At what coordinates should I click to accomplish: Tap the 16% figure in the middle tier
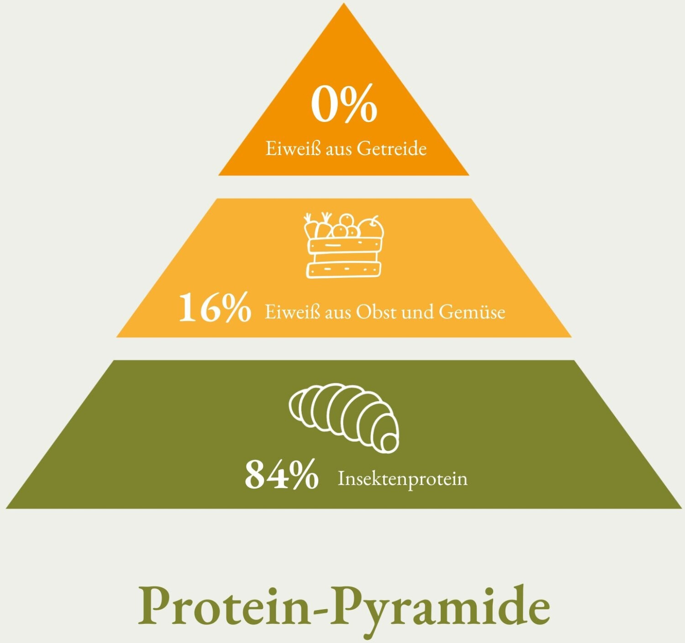click(215, 308)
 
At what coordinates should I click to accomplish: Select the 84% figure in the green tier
click(282, 474)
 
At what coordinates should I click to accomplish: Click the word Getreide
click(391, 149)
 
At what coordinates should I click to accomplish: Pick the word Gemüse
click(472, 312)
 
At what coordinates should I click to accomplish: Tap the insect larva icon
click(344, 418)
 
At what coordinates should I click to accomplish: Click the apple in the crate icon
click(372, 228)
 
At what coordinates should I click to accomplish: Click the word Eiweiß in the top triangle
click(293, 149)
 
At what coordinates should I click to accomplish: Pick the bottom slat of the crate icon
click(344, 269)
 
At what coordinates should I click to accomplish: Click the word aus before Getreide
click(338, 151)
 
